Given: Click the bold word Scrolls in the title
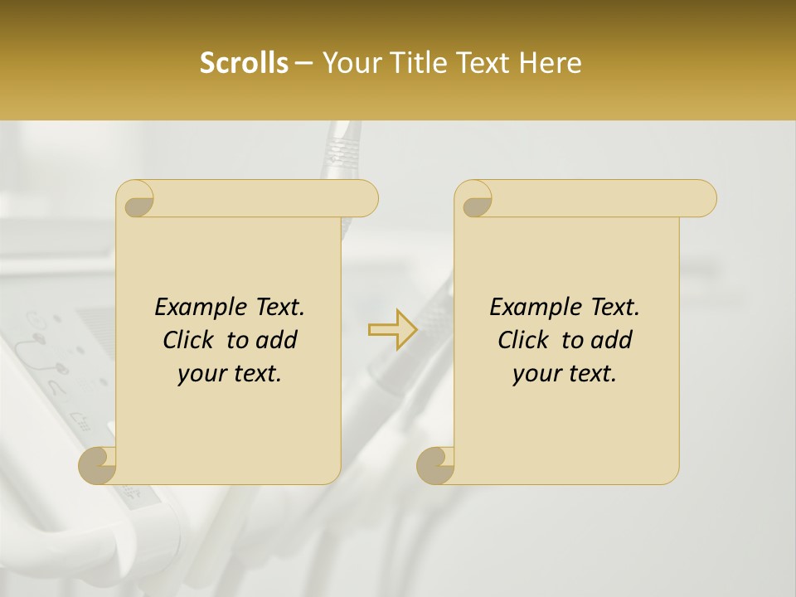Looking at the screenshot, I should point(244,63).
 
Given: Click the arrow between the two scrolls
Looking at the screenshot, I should point(393,330).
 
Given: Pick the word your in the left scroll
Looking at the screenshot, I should point(200,374).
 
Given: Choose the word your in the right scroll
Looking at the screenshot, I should point(535,374).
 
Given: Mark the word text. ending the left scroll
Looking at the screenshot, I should point(254,374).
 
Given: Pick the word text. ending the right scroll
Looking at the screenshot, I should point(589,374).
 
